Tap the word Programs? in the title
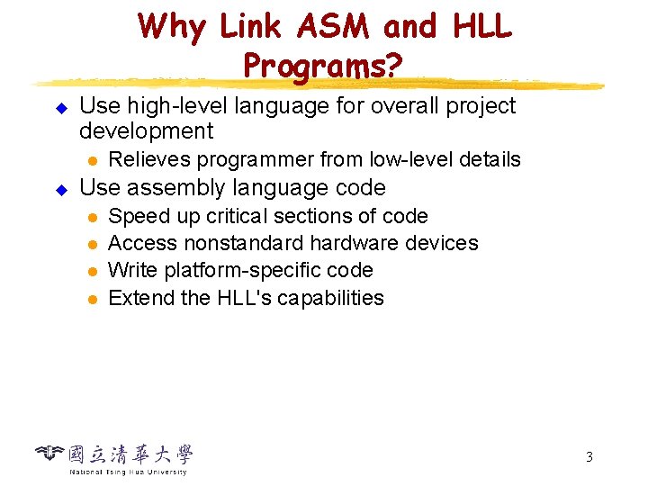(324, 65)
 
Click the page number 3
(589, 456)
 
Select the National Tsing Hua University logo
(114, 458)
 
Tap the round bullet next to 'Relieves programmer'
(92, 160)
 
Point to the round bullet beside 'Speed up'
(92, 217)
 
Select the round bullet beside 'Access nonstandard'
(92, 244)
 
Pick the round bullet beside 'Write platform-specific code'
(92, 271)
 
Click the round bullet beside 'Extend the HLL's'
(92, 299)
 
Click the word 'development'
(147, 131)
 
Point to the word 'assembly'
(168, 188)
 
